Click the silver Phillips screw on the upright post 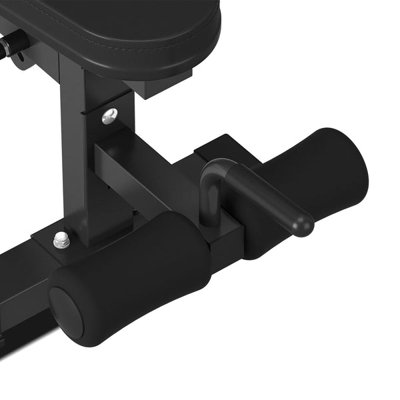tap(109, 116)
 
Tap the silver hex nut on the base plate tap(61, 240)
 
